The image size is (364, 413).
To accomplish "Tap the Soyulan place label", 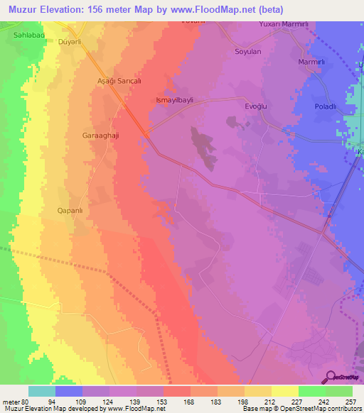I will click(x=248, y=52).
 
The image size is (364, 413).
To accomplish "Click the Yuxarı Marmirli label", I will click(x=282, y=25).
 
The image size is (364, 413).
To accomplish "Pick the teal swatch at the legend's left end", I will click(x=41, y=391).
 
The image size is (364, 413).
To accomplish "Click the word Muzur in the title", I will click(x=21, y=9).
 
